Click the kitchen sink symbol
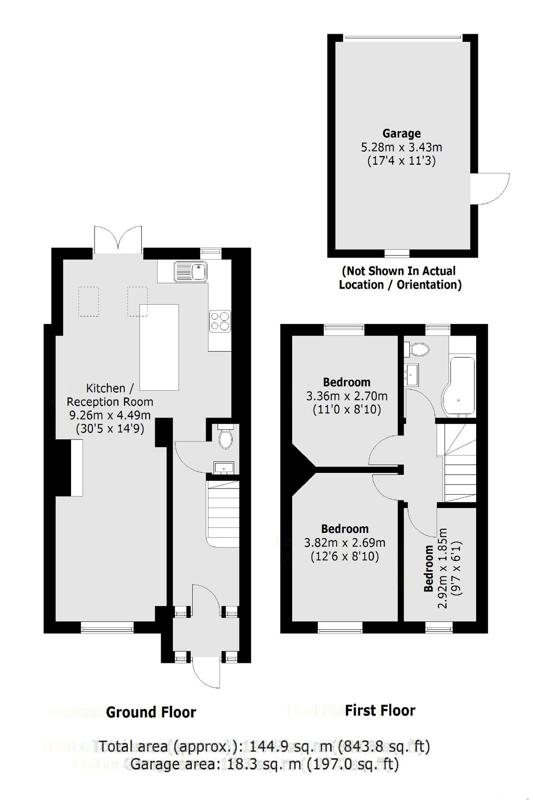[x=191, y=271]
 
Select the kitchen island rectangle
[x=159, y=347]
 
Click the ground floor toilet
[x=226, y=438]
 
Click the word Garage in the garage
[x=402, y=133]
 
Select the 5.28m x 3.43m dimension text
[x=402, y=147]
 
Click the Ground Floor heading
[x=151, y=712]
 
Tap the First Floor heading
[x=380, y=711]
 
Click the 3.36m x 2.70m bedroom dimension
[x=346, y=396]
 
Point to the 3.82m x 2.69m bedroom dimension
[x=345, y=543]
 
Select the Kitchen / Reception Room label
[x=110, y=395]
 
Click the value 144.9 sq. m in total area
[x=277, y=746]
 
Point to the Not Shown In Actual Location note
[x=400, y=278]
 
